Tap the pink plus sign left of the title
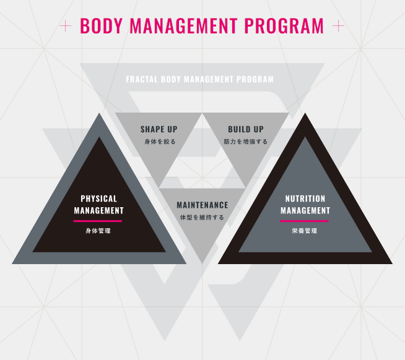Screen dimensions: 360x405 click(65, 26)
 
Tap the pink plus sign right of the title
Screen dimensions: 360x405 click(338, 26)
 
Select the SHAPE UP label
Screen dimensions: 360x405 click(159, 129)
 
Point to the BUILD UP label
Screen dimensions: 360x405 click(245, 129)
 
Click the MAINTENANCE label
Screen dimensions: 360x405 click(202, 205)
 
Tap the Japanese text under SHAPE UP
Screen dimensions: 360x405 click(159, 142)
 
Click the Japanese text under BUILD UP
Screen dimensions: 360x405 click(246, 142)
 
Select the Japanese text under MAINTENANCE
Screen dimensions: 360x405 click(202, 217)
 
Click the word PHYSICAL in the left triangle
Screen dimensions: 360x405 click(98, 199)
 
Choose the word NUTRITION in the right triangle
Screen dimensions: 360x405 click(305, 199)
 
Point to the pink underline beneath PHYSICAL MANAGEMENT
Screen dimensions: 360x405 click(98, 221)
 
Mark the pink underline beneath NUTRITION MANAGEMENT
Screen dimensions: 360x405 click(304, 221)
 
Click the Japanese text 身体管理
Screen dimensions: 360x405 click(98, 231)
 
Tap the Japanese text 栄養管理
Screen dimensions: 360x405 click(304, 231)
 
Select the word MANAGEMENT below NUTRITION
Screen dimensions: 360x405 click(305, 210)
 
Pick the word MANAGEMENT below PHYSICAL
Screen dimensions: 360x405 click(98, 210)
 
